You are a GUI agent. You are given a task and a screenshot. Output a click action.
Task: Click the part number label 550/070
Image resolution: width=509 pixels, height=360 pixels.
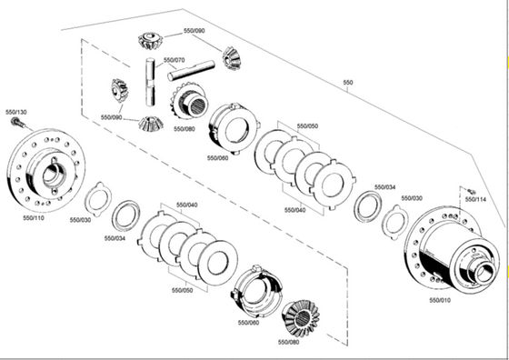click(x=175, y=60)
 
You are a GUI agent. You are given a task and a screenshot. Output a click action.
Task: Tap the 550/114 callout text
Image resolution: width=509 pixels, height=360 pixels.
click(x=475, y=199)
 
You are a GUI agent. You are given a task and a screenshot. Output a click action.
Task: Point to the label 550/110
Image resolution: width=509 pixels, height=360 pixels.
click(x=34, y=218)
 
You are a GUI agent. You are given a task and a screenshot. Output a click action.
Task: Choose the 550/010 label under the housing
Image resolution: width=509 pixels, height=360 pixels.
click(x=439, y=299)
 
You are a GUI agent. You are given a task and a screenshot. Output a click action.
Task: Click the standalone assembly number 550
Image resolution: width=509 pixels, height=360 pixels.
click(x=347, y=83)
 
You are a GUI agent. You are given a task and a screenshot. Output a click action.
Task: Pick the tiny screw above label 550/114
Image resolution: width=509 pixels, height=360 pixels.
click(x=472, y=190)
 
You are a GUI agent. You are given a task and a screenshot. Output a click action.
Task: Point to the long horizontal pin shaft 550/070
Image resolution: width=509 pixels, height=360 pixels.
click(x=191, y=65)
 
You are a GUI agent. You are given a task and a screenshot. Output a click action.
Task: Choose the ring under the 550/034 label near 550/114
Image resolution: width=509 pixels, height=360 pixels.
click(x=365, y=205)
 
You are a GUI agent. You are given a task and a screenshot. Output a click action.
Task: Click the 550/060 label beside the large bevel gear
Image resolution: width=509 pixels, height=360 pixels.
click(x=249, y=323)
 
